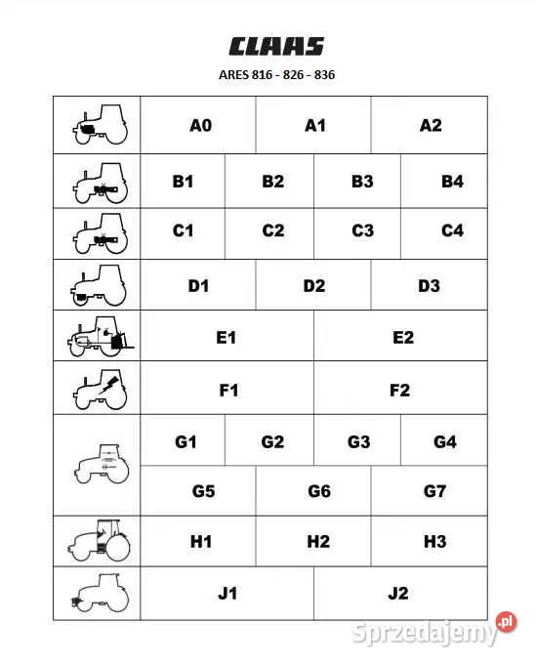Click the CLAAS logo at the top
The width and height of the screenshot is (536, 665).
click(x=276, y=46)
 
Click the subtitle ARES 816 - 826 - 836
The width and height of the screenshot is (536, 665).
click(x=276, y=74)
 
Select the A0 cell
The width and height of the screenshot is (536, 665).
click(x=200, y=125)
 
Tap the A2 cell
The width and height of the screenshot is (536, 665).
click(x=430, y=125)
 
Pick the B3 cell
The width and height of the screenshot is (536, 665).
click(x=362, y=181)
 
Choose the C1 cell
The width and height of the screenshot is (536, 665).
click(x=183, y=231)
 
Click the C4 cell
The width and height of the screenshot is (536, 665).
click(x=452, y=231)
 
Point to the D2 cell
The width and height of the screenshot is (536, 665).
click(x=313, y=286)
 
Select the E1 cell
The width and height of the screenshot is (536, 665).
click(x=227, y=337)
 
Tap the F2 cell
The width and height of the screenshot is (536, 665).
click(x=399, y=391)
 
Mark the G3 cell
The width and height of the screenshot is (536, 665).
click(x=358, y=441)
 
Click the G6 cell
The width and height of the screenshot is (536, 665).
click(x=318, y=491)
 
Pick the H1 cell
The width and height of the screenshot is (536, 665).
click(x=200, y=542)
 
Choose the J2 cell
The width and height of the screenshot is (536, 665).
click(x=398, y=593)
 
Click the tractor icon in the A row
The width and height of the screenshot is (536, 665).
click(x=99, y=124)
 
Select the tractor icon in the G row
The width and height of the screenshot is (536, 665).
click(x=99, y=464)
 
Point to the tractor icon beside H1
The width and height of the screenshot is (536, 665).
click(x=99, y=541)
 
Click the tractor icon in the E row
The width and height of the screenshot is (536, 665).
click(x=99, y=337)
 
